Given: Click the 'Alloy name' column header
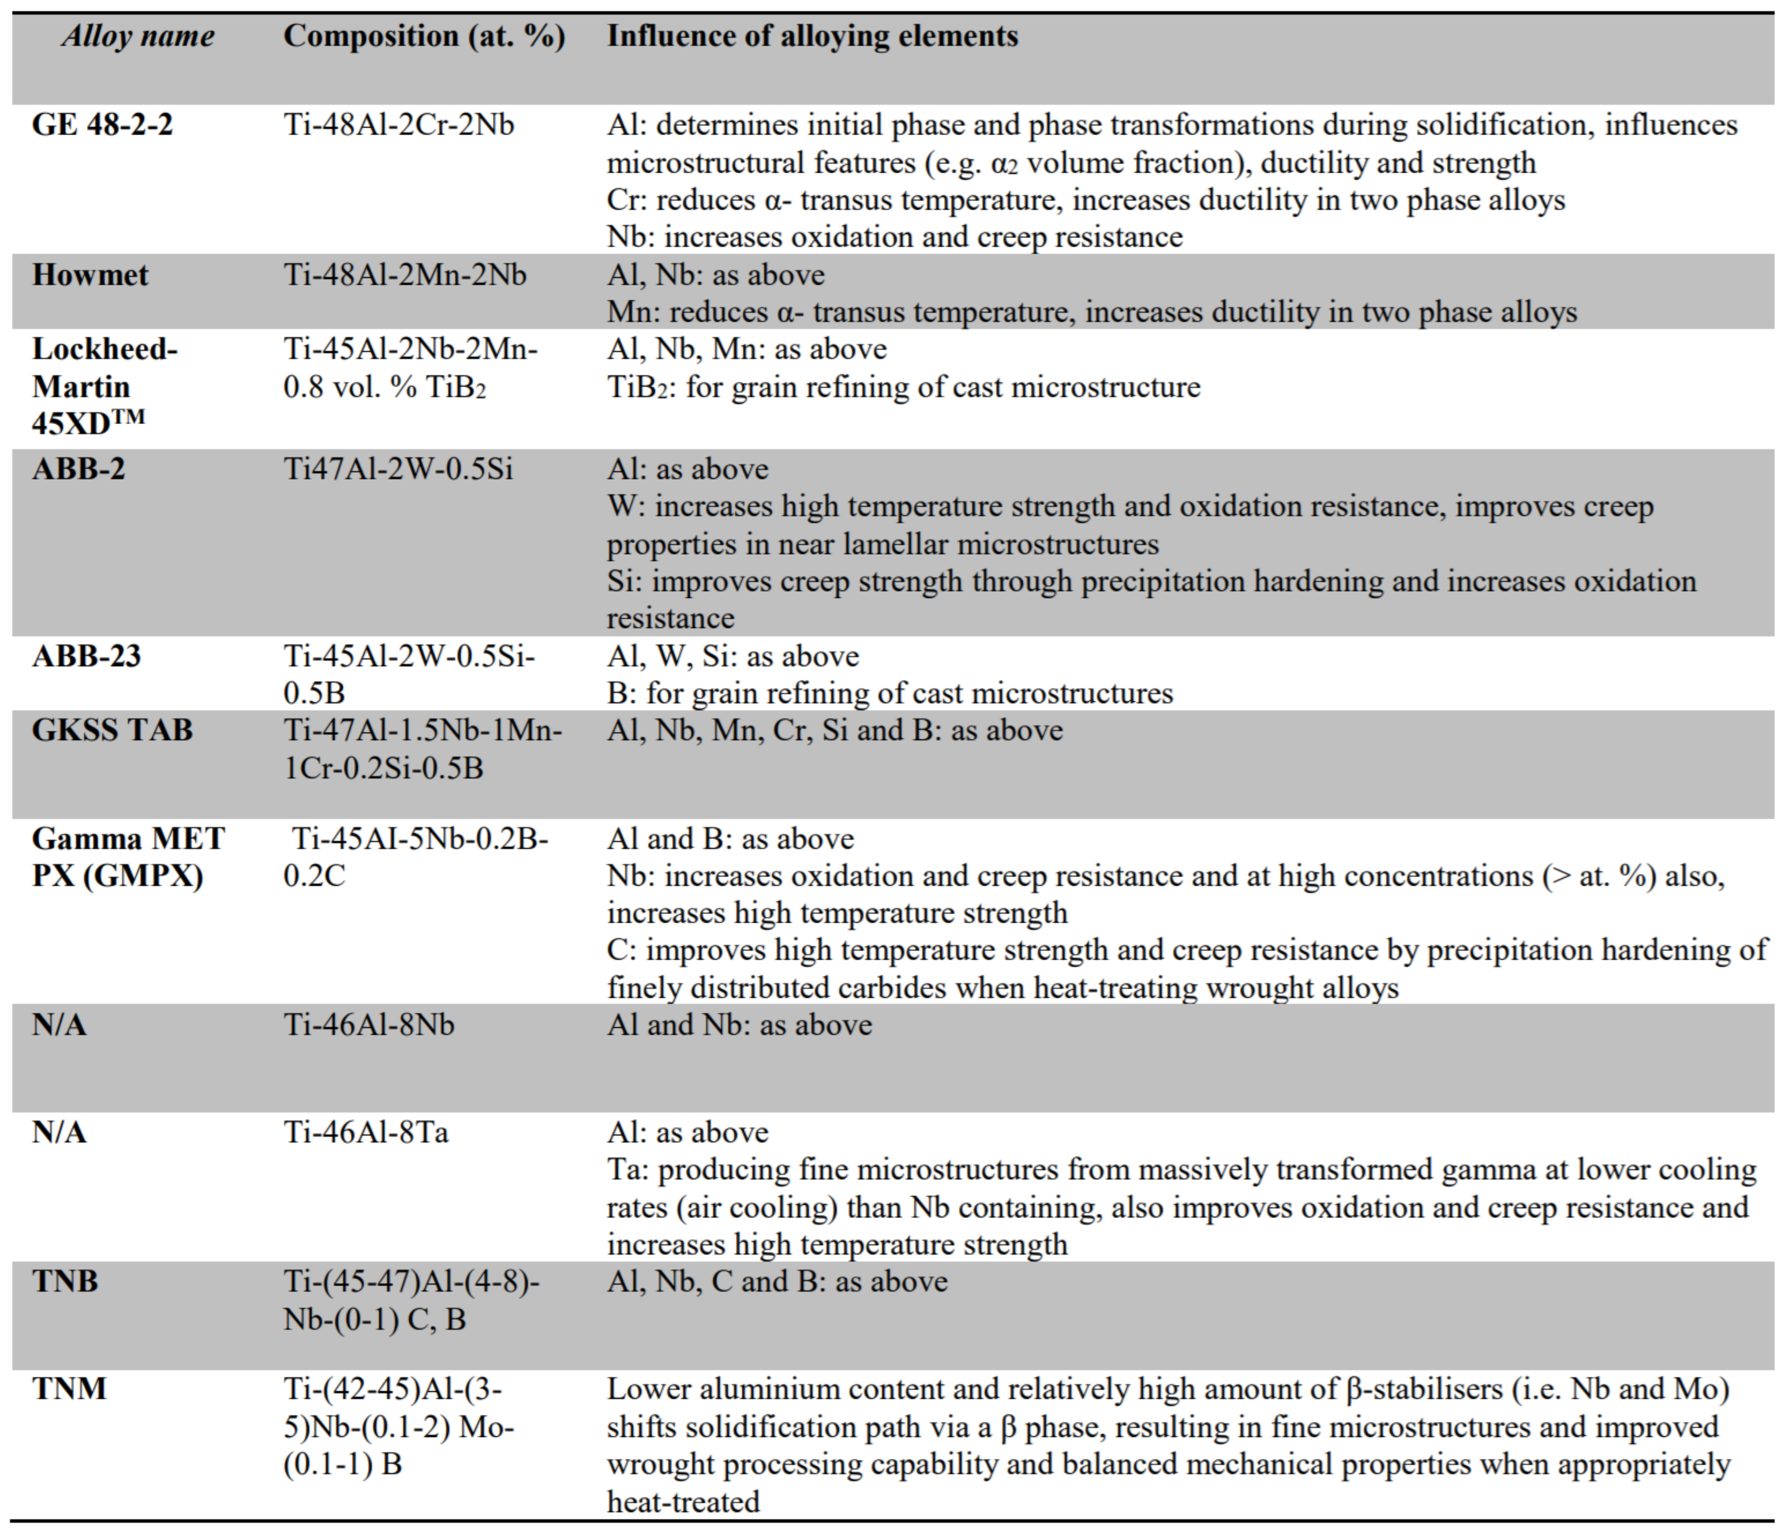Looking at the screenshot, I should point(138,36).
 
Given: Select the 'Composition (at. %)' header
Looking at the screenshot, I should point(424,36).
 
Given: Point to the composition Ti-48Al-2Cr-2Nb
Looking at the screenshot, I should point(399,125).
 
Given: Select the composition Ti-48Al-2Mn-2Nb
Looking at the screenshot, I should point(405,275).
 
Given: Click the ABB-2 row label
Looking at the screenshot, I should point(79,469).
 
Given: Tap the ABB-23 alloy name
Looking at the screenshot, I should point(86,656).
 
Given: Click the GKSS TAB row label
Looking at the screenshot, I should point(112,730).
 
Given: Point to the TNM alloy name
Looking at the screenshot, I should point(69,1389).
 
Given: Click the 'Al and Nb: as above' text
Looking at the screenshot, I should point(739,1025).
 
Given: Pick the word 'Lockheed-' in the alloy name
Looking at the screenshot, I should point(104,349).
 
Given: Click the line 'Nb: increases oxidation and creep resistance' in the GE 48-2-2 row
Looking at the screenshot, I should point(895,237).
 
